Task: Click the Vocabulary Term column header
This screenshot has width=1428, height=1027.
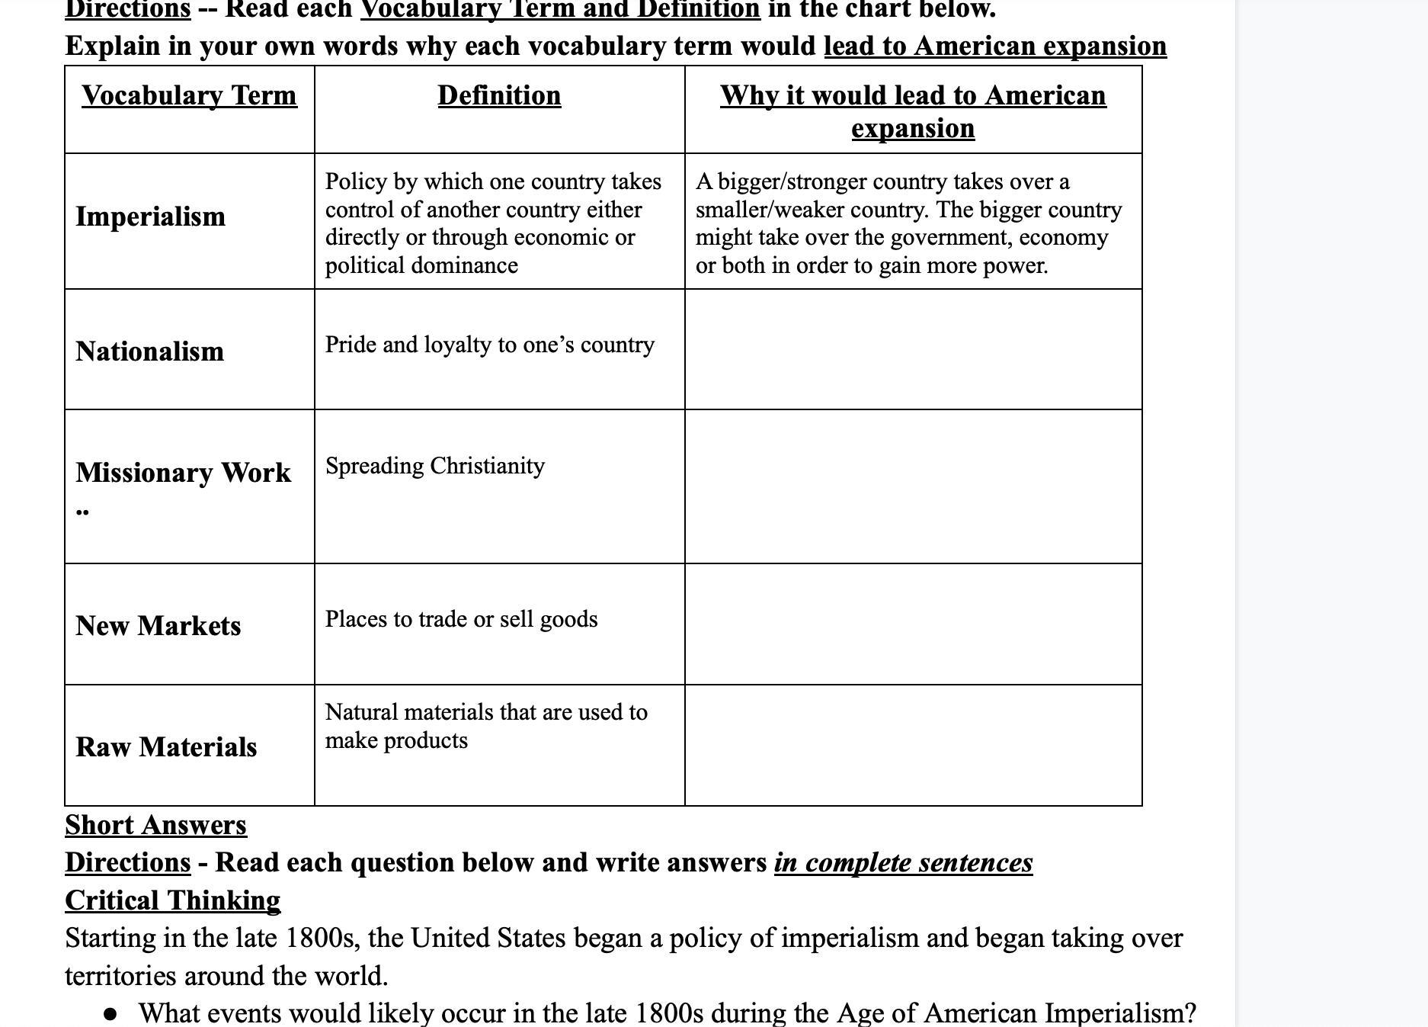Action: [189, 96]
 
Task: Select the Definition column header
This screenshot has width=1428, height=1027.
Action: [499, 96]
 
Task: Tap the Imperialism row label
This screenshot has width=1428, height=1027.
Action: [151, 217]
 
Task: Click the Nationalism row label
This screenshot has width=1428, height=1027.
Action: [150, 351]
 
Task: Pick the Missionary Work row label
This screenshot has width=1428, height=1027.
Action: [183, 473]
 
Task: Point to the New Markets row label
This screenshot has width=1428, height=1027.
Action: [158, 626]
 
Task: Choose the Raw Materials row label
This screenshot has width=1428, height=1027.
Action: [166, 747]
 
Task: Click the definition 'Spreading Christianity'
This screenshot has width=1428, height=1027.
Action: [435, 466]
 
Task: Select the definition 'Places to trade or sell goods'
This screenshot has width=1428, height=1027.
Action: [461, 619]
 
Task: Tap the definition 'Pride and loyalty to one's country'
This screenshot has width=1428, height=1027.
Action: [490, 345]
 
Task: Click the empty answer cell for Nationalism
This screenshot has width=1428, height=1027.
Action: [913, 349]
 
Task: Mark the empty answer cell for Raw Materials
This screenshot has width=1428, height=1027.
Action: [913, 745]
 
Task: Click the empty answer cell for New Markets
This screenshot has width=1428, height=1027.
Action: [913, 624]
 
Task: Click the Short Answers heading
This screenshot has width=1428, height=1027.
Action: [155, 825]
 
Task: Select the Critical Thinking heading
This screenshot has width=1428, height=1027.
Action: [172, 900]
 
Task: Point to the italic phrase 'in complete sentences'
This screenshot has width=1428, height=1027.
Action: [903, 863]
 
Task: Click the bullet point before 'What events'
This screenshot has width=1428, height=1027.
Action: [111, 1014]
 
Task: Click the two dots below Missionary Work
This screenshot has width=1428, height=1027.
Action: [82, 512]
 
